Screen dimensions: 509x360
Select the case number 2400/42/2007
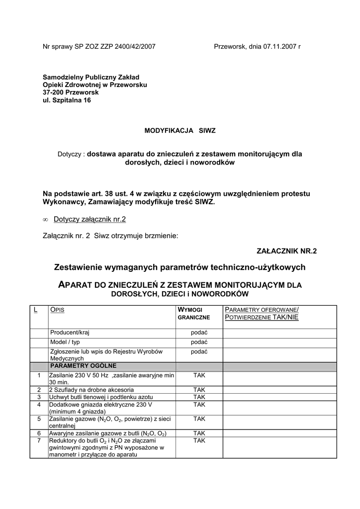pyautogui.click(x=133, y=47)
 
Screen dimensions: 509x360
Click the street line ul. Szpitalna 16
pyautogui.click(x=67, y=100)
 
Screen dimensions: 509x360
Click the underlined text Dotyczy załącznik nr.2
pyautogui.click(x=92, y=219)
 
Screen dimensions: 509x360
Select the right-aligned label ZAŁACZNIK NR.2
pyautogui.click(x=286, y=251)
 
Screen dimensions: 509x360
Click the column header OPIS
pyautogui.click(x=58, y=310)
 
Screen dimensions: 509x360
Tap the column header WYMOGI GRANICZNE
pyautogui.click(x=194, y=313)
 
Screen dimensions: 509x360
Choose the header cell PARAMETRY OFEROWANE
pyautogui.click(x=261, y=309)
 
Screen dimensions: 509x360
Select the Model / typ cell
pyautogui.click(x=65, y=342)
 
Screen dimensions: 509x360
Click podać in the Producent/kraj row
pyautogui.click(x=199, y=333)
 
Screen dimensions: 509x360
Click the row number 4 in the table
pyautogui.click(x=39, y=405)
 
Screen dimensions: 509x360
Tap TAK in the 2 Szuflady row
pyautogui.click(x=199, y=390)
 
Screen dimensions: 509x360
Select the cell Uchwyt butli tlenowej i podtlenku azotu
pyautogui.click(x=101, y=397)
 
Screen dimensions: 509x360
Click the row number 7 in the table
pyautogui.click(x=39, y=440)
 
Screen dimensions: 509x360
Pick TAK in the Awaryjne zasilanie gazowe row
pyautogui.click(x=199, y=433)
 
